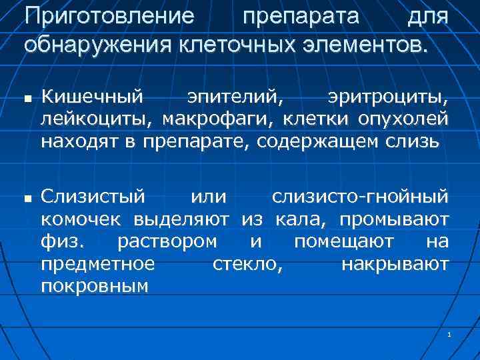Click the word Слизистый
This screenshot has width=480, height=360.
[93, 198]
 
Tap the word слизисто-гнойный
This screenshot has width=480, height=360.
[360, 198]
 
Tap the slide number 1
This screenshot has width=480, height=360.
[451, 333]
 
